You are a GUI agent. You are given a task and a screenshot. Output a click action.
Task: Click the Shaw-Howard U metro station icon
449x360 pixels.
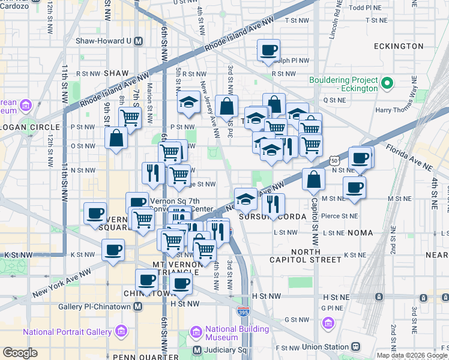(139, 41)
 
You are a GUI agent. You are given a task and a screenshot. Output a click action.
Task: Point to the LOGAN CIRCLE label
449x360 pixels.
(30, 127)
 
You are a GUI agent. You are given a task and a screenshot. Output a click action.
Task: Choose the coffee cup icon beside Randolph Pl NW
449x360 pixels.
(268, 50)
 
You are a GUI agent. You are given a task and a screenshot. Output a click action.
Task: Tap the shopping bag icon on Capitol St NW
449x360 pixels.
(314, 178)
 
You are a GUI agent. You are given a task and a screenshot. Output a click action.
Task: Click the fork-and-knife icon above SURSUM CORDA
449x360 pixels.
(273, 204)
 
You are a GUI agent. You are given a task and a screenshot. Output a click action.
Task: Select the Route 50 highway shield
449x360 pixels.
(334, 160)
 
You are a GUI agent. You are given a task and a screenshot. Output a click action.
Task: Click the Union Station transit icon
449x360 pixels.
(356, 347)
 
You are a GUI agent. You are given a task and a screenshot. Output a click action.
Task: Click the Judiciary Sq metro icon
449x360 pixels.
(197, 350)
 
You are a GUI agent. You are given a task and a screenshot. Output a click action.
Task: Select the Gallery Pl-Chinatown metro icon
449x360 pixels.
(139, 307)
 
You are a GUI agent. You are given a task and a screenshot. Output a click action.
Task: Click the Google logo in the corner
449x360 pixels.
(20, 353)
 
